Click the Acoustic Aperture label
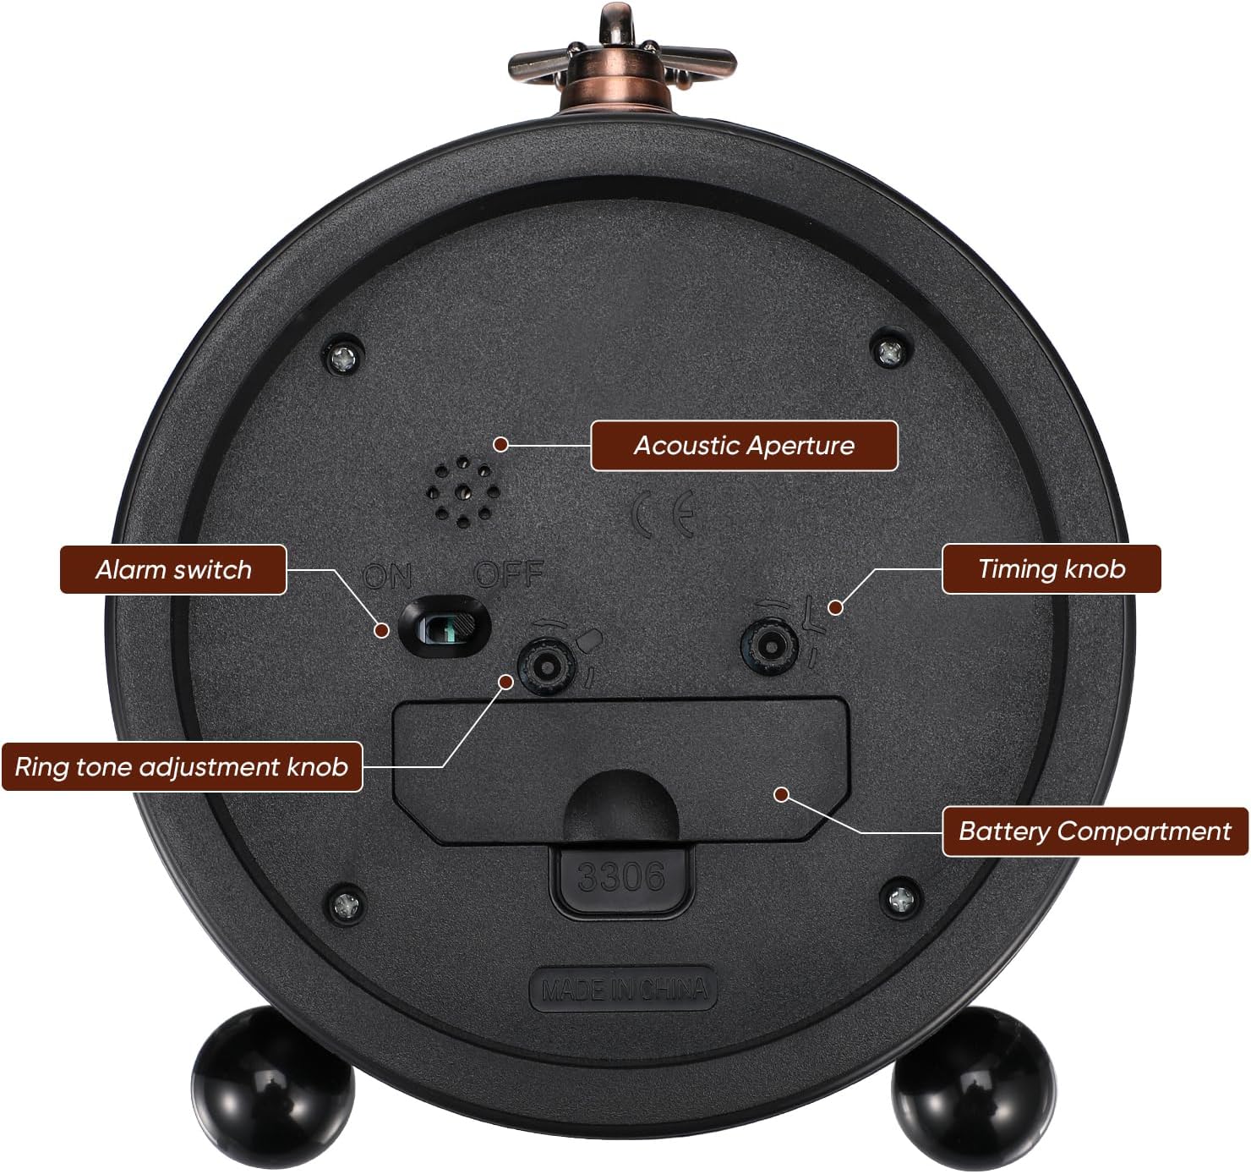(x=744, y=446)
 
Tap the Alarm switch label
(x=173, y=570)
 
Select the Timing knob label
(x=1051, y=568)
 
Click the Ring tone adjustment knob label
(x=182, y=766)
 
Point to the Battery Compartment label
(x=1095, y=831)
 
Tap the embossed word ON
(x=387, y=576)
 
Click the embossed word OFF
(x=509, y=573)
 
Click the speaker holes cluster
(x=463, y=492)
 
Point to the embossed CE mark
(x=664, y=514)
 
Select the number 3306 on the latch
(x=621, y=877)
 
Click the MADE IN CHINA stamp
(x=624, y=989)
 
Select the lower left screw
(x=346, y=905)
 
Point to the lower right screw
(x=902, y=897)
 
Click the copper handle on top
(x=622, y=60)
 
